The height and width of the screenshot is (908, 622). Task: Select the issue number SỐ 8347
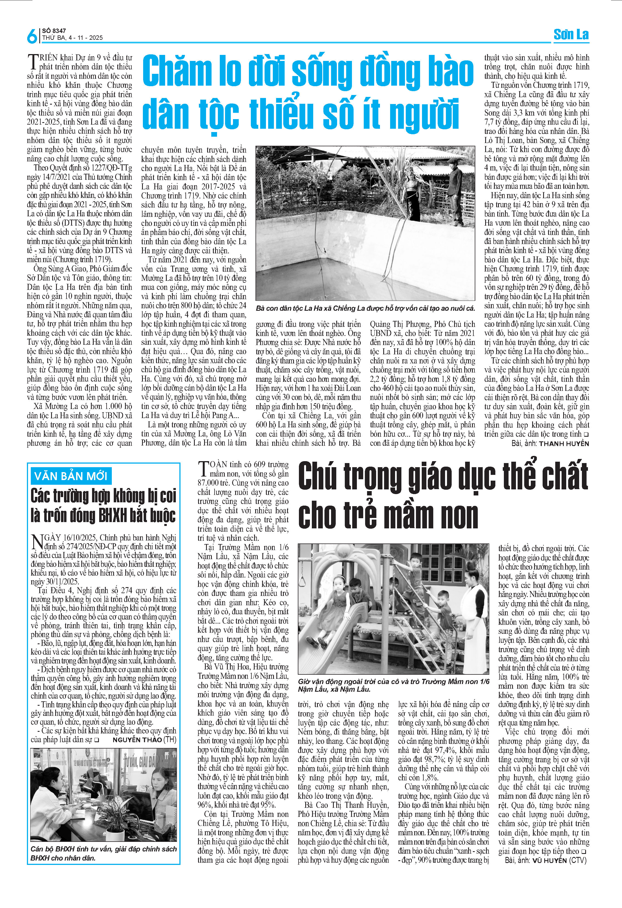click(54, 30)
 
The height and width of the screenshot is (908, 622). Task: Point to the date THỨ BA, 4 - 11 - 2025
click(72, 38)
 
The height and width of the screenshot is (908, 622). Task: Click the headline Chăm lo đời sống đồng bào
click(308, 71)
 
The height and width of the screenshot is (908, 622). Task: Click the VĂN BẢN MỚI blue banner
click(71, 476)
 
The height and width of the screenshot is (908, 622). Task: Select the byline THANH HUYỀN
click(564, 444)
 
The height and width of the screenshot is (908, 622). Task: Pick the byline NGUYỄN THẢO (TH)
click(144, 740)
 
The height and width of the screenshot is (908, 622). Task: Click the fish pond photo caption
click(365, 308)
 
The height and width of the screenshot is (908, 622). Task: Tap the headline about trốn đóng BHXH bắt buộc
click(104, 506)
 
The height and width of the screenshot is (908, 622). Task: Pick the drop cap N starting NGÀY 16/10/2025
click(37, 542)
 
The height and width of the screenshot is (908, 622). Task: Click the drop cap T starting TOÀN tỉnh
click(203, 469)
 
